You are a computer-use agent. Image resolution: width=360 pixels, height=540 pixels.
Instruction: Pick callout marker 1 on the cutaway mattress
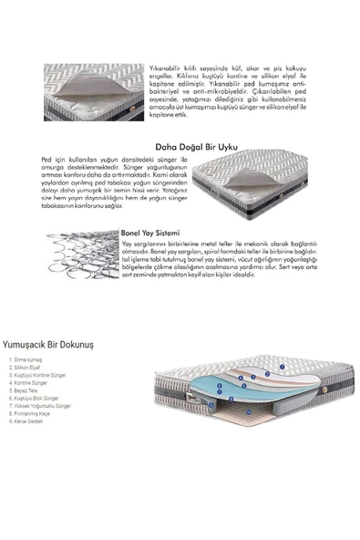click(x=283, y=368)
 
